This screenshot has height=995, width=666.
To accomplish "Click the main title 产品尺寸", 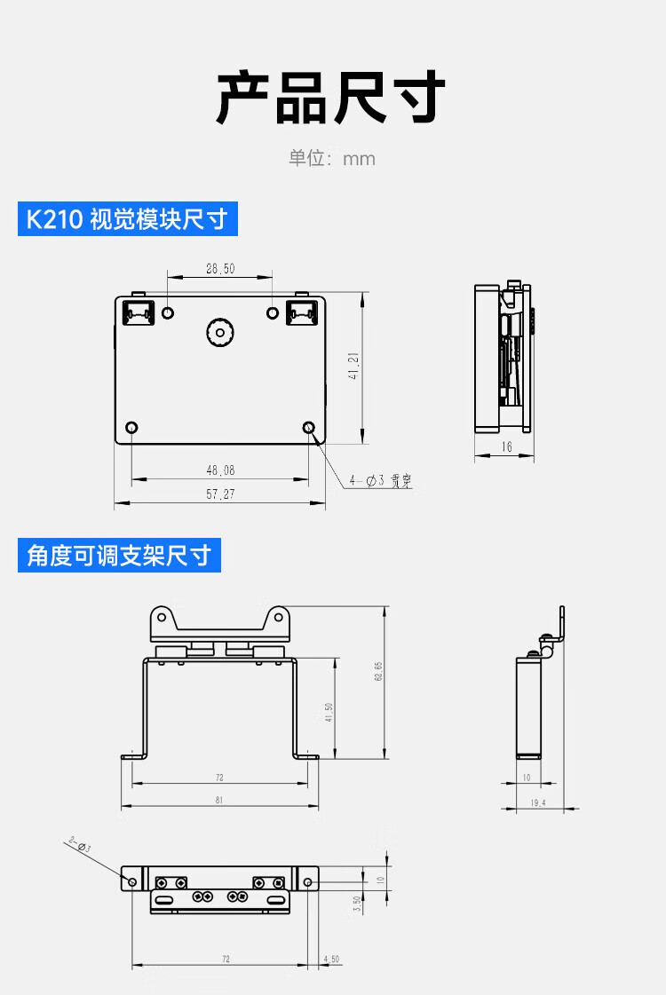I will tap(331, 99).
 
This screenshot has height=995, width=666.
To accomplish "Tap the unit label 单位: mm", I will tap(332, 159).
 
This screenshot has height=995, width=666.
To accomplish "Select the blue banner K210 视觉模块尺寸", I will tap(128, 219).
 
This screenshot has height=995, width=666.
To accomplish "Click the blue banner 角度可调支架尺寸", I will tap(119, 556).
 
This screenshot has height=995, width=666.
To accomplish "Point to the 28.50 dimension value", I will tap(220, 268).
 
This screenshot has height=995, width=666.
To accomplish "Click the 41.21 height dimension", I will tap(353, 367).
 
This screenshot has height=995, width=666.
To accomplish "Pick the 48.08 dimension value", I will tap(220, 470).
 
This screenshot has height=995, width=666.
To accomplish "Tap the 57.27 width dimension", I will tap(220, 494).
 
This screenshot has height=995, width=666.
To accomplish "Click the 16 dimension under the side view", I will tap(506, 447).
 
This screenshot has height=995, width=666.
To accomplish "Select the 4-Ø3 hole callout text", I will tap(380, 481).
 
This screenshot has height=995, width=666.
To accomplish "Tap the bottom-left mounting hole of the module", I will tap(131, 428).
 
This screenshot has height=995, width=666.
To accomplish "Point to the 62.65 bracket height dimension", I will tap(378, 672).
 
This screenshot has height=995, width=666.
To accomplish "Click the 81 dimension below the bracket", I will tap(219, 800).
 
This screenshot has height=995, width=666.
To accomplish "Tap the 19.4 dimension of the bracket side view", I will tap(538, 802).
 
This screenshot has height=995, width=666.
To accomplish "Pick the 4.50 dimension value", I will tap(332, 959).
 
